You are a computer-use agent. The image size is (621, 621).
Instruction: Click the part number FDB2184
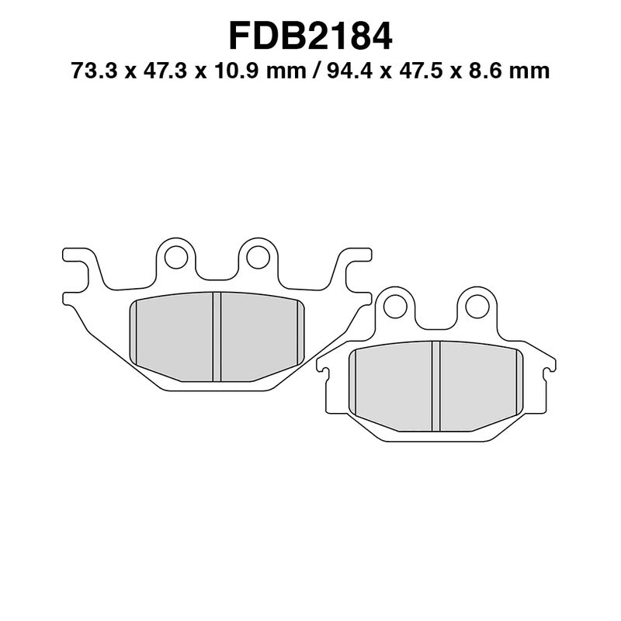click(x=310, y=35)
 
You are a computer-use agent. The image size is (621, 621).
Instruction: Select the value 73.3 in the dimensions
click(x=88, y=72)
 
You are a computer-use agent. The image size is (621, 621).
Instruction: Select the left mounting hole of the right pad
click(x=394, y=306)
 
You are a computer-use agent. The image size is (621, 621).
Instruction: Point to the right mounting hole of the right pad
click(x=475, y=306)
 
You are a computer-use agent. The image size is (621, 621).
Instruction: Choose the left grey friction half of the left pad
click(x=175, y=336)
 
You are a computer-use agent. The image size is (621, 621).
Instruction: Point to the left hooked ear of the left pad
click(x=78, y=264)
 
